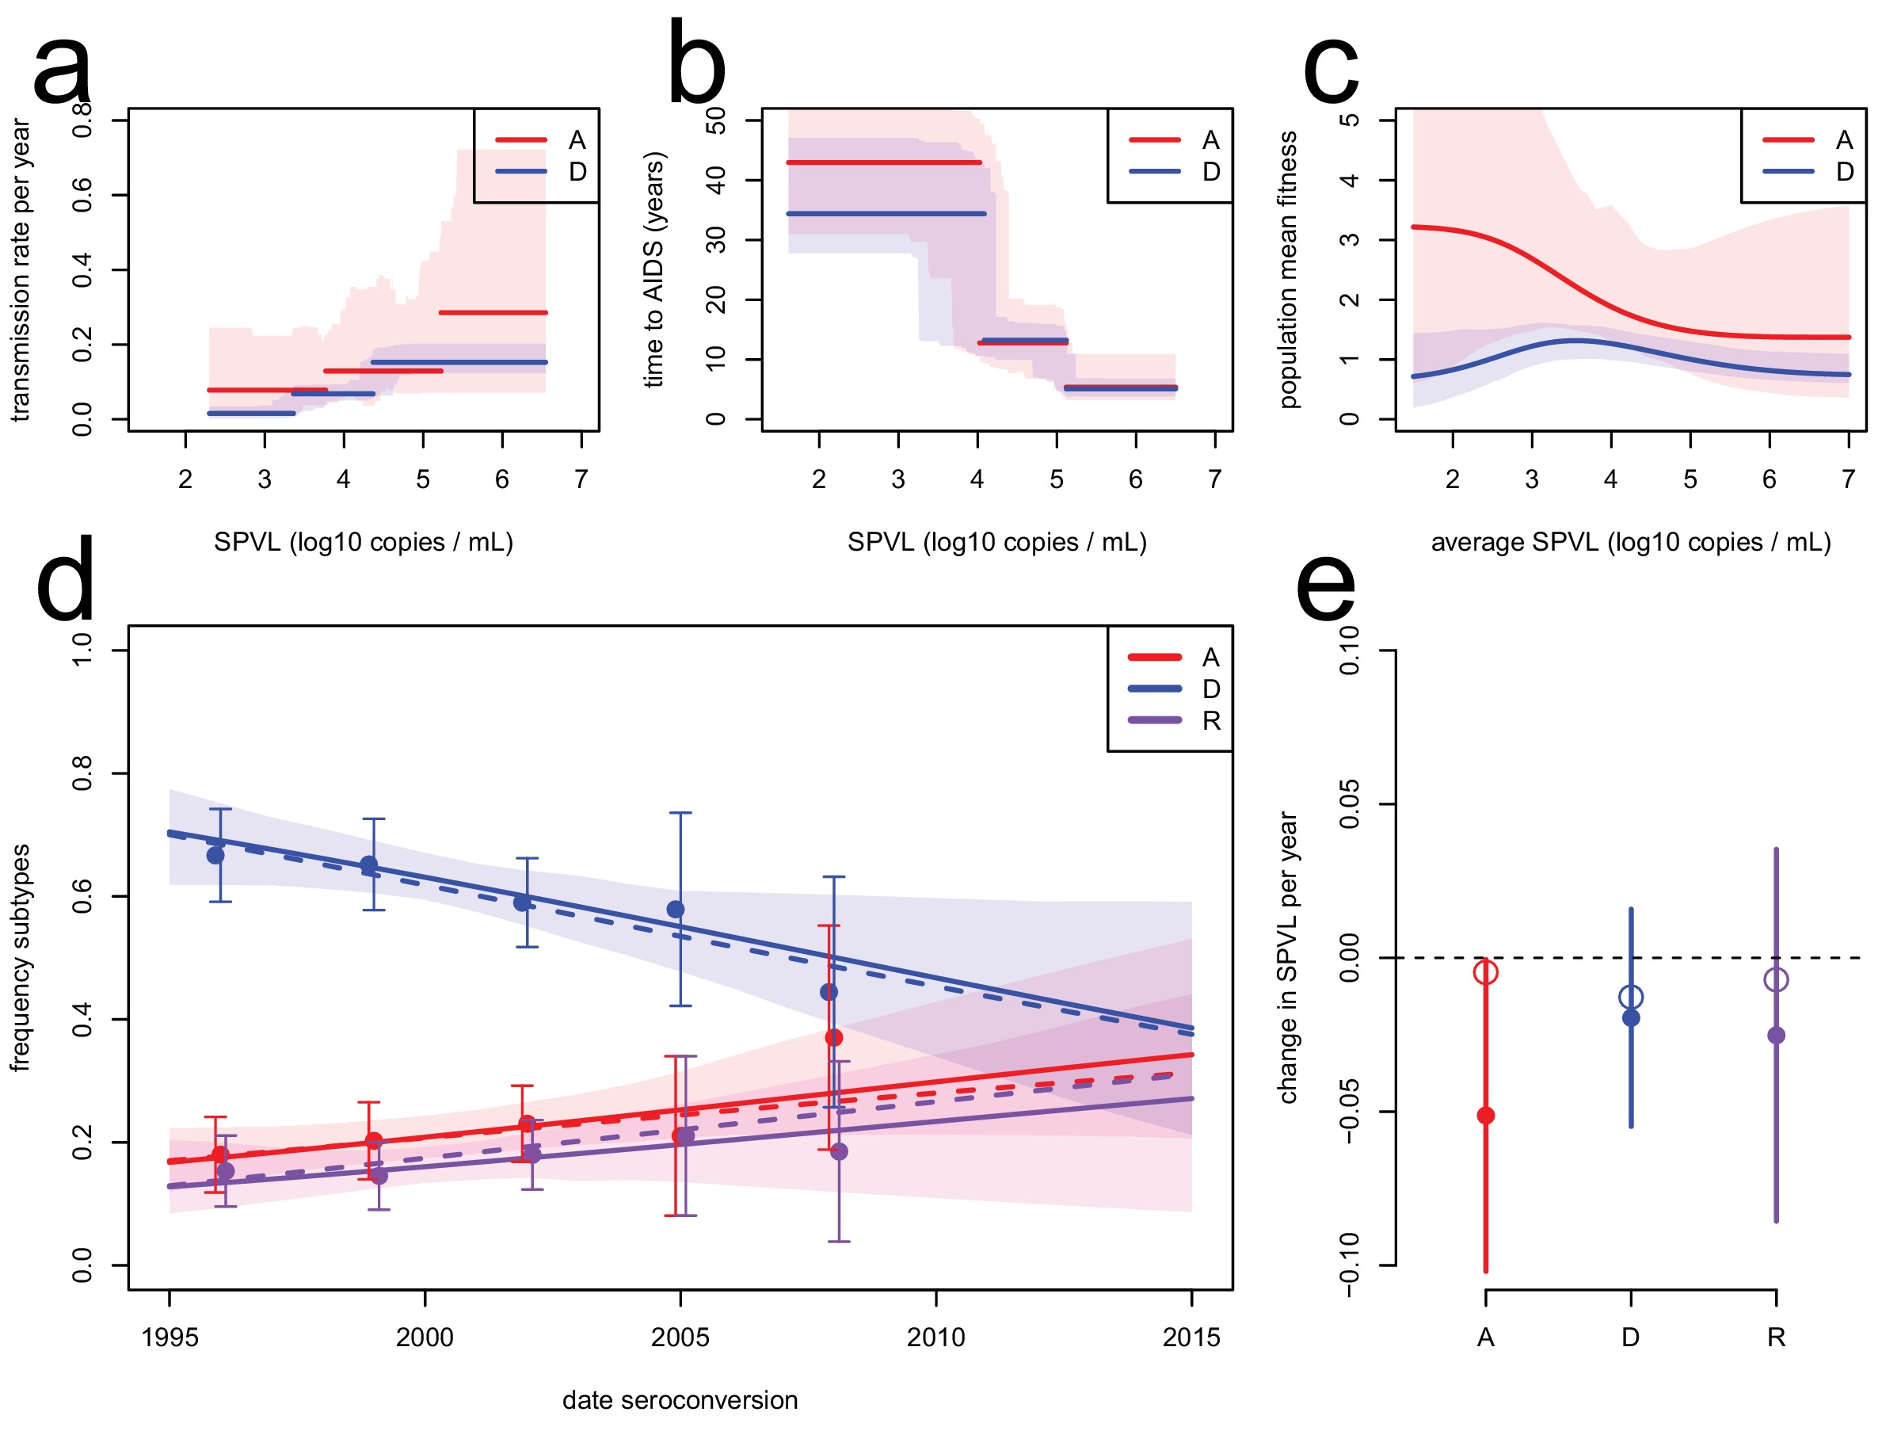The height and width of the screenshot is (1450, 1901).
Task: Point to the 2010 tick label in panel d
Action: pos(935,1337)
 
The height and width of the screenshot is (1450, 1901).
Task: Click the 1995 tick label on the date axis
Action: pos(170,1337)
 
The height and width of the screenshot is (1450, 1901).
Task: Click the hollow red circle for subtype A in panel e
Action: pos(1485,972)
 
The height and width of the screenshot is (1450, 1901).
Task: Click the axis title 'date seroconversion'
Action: pos(680,1400)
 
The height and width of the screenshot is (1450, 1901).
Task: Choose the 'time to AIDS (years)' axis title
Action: pos(654,269)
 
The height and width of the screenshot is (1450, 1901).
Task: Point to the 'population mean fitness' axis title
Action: pos(1287,269)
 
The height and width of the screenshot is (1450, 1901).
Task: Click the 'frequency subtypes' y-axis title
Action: pos(20,957)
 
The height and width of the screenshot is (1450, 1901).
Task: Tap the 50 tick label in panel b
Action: pos(716,120)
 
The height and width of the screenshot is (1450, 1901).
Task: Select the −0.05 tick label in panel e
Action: pos(1350,1112)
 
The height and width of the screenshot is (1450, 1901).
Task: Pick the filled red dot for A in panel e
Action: pos(1485,1115)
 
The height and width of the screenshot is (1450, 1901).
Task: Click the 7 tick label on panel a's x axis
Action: pos(581,479)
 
